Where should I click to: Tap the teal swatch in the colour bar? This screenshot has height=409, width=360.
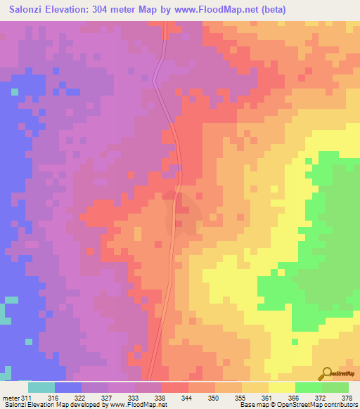[x=41, y=387]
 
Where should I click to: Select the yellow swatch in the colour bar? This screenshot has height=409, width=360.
[x=281, y=387]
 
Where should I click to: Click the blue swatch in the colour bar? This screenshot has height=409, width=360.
[x=67, y=387]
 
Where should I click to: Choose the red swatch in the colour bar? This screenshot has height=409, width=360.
[x=174, y=387]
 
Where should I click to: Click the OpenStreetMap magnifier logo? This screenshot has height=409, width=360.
[x=326, y=372]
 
